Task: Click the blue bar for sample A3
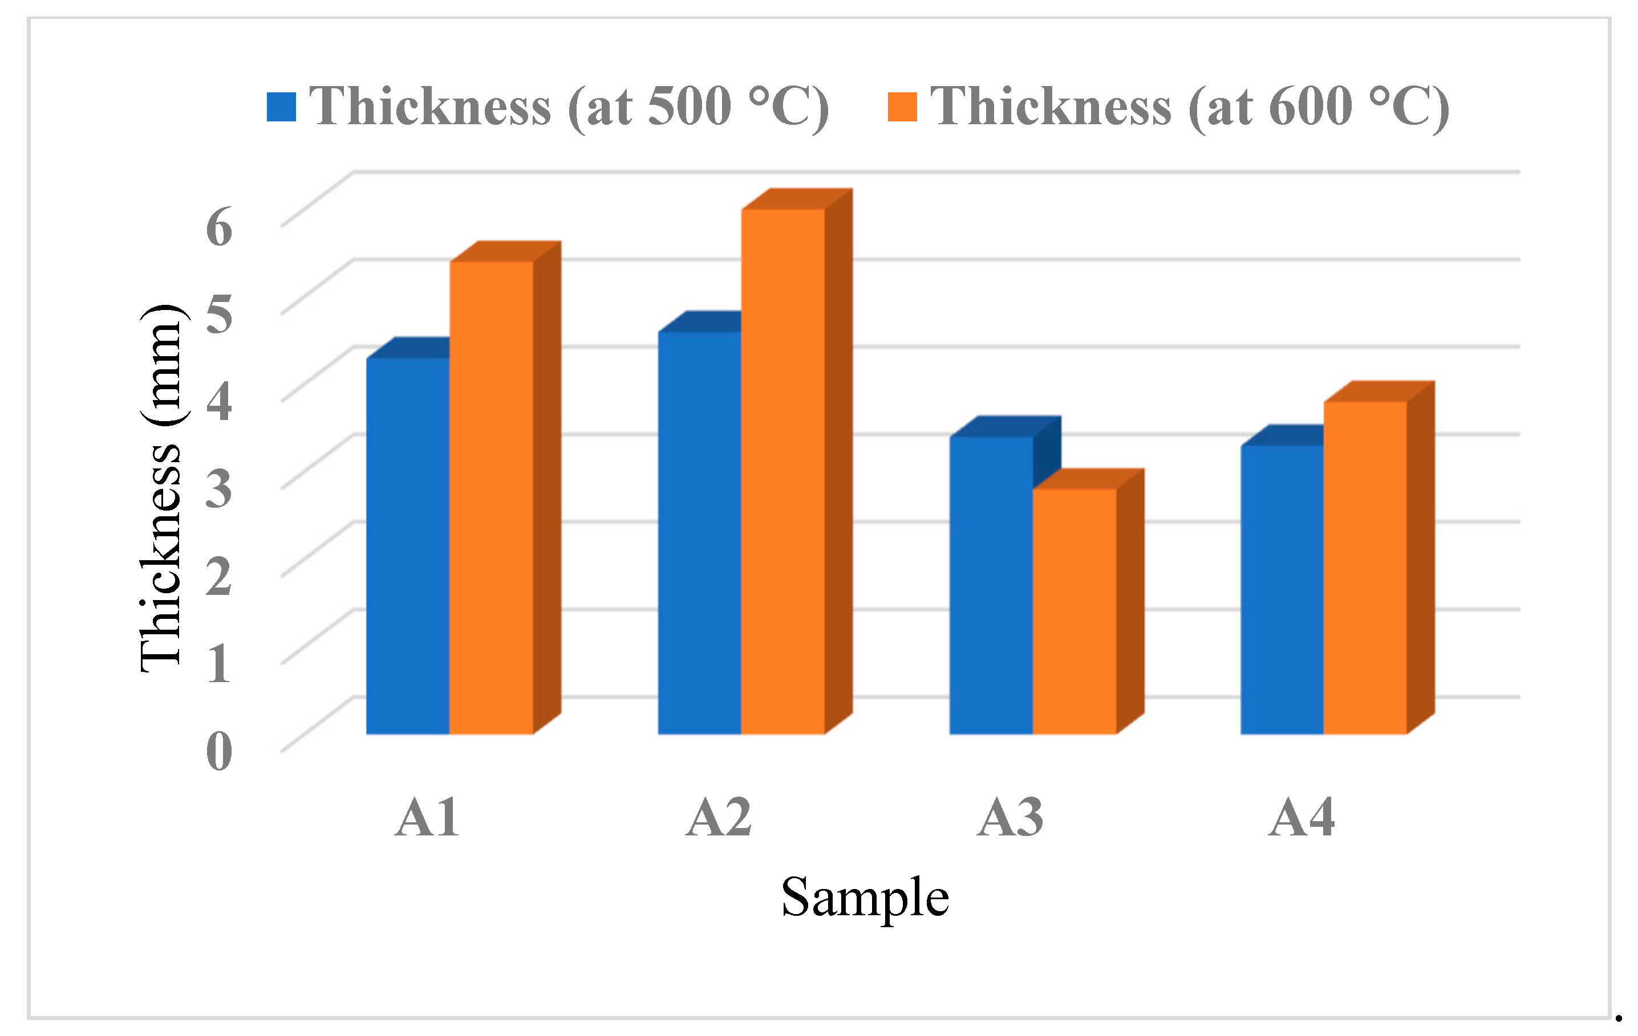991,585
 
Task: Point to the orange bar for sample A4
1365,568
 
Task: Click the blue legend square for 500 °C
281,107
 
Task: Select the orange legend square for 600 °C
902,107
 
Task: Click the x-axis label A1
427,817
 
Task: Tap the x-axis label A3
1010,817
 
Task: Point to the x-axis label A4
1302,817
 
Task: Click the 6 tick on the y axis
219,227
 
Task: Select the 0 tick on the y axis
219,752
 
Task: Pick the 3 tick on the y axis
219,489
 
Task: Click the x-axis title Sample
865,898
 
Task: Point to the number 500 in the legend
689,107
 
